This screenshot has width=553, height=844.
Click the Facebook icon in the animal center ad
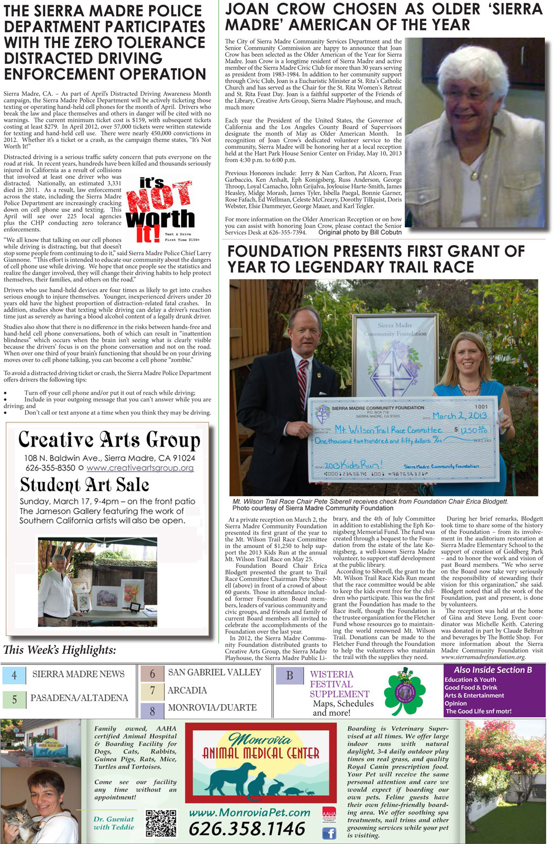pyautogui.click(x=329, y=832)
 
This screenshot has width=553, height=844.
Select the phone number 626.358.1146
pyautogui.click(x=247, y=829)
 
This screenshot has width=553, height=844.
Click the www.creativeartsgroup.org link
pyautogui.click(x=140, y=468)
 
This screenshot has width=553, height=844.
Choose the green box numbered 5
pyautogui.click(x=14, y=699)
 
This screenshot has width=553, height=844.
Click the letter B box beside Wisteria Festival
pyautogui.click(x=289, y=675)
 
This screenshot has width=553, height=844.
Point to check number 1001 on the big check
pyautogui.click(x=481, y=407)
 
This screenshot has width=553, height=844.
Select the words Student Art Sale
pyautogui.click(x=85, y=485)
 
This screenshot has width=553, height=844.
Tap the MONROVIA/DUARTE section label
pyautogui.click(x=212, y=707)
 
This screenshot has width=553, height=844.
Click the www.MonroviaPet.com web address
pyautogui.click(x=249, y=813)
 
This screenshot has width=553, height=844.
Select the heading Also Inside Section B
pyautogui.click(x=493, y=670)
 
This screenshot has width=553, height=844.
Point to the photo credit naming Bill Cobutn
pyautogui.click(x=360, y=232)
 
